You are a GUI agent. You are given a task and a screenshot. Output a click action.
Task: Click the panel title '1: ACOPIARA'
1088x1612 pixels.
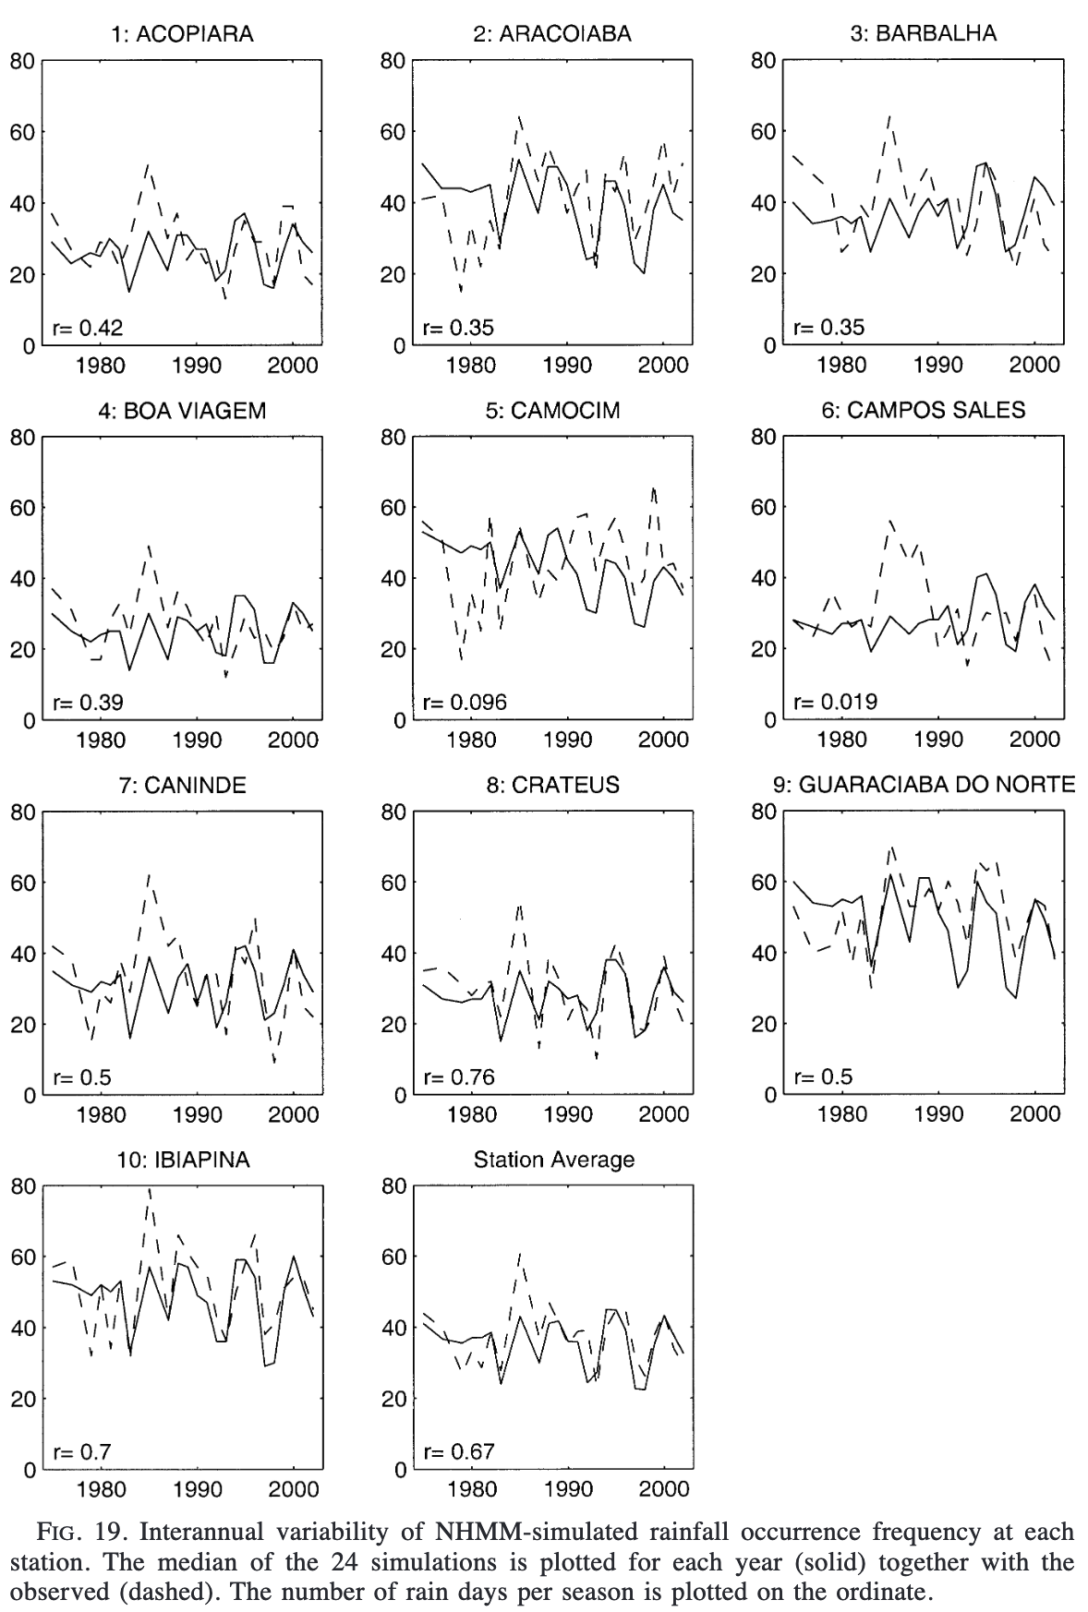[x=181, y=34]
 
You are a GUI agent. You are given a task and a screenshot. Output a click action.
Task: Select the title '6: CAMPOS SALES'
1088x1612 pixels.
[x=923, y=410]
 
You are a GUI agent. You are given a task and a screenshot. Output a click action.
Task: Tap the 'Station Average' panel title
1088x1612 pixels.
[x=553, y=1160]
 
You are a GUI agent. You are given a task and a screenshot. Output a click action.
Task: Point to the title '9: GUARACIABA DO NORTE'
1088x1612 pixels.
[x=923, y=785]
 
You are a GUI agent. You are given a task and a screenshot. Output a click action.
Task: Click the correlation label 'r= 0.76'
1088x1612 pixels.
[x=459, y=1077]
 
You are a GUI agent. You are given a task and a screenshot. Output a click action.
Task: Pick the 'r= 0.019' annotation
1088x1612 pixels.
[x=836, y=702]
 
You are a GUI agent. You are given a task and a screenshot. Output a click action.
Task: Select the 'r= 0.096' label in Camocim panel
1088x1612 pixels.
[x=465, y=702]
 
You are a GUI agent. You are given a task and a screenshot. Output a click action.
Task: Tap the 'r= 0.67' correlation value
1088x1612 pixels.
[x=459, y=1451]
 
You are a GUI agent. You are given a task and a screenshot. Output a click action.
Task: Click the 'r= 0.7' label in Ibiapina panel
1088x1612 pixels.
[x=82, y=1451]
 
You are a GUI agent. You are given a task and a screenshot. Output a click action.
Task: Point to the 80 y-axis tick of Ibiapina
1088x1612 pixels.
[x=22, y=1186]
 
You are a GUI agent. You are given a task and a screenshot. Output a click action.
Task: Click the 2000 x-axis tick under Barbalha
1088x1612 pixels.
[x=1034, y=366]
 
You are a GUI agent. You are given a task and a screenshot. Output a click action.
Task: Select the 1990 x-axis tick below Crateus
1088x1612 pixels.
[x=568, y=1115]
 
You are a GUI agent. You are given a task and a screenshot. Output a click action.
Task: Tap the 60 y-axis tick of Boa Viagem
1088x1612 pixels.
[x=22, y=508]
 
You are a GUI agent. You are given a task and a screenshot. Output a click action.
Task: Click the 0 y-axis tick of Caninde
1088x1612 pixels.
[x=29, y=1096]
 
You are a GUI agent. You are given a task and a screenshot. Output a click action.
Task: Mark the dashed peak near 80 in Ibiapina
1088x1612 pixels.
[x=150, y=1190]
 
